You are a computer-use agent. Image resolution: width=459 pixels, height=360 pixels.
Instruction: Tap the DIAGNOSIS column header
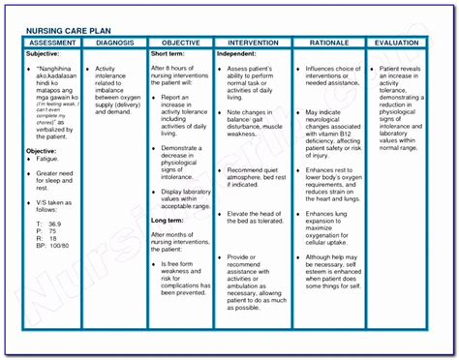tap(113, 44)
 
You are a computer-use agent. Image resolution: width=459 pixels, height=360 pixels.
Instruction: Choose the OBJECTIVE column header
tap(179, 44)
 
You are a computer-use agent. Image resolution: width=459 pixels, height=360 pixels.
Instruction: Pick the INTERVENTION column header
tap(254, 44)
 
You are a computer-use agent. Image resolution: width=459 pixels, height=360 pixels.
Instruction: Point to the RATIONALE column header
tap(335, 44)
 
